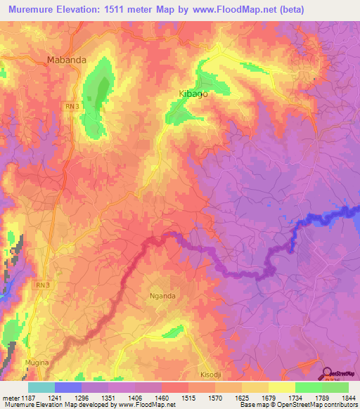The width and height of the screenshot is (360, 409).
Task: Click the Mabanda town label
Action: (x=67, y=60)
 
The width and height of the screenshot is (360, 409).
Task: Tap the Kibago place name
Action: (x=192, y=93)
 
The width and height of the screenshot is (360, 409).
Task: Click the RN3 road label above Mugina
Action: (x=44, y=285)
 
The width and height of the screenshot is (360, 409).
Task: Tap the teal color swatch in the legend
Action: (x=41, y=387)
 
